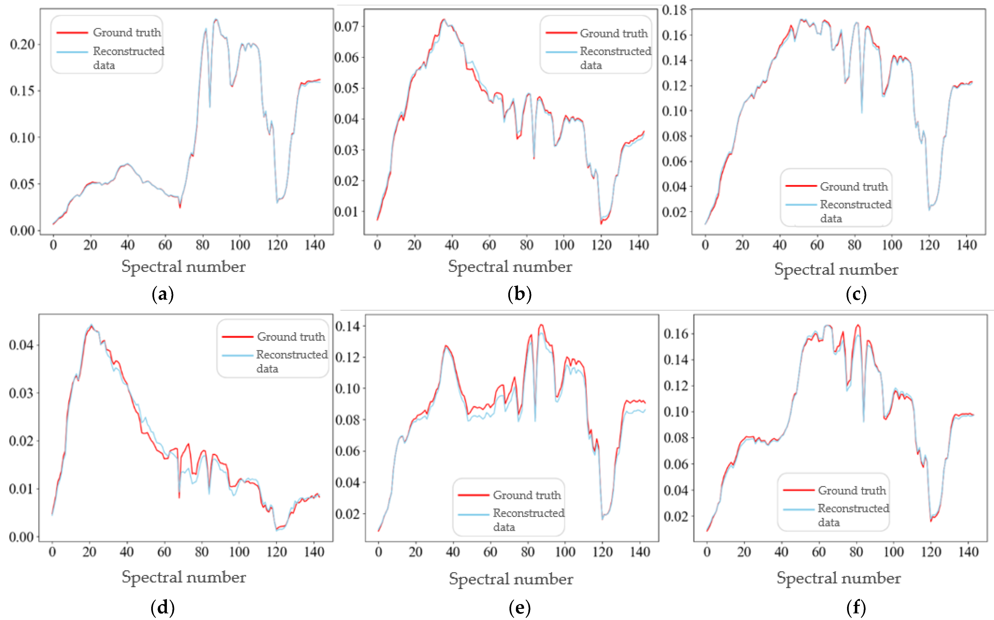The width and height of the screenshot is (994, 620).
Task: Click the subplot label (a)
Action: click(163, 294)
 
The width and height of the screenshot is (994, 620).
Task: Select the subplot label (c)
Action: click(856, 294)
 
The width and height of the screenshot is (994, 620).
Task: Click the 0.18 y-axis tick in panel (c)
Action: click(674, 10)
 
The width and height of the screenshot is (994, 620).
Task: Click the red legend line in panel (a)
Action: click(72, 32)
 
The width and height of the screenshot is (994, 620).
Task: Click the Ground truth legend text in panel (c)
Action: click(854, 187)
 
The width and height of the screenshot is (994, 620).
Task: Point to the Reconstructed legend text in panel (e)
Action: click(528, 513)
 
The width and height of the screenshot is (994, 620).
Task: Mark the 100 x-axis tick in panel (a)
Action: click(240, 245)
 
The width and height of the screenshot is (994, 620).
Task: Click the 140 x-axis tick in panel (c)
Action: click(966, 245)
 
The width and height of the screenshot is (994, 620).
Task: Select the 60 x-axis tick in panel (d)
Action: click(164, 552)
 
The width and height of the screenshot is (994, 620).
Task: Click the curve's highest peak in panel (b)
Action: click(443, 19)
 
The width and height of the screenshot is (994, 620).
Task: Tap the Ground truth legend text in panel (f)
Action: click(852, 490)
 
